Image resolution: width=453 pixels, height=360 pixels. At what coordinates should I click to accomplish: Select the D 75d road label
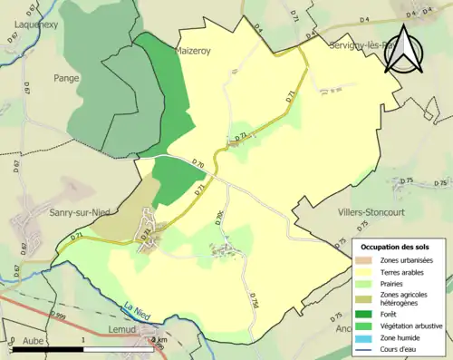point(255,301)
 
